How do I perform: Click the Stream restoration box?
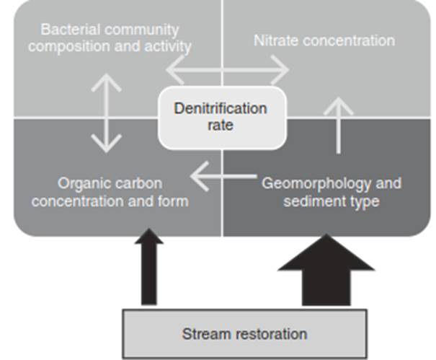pos(244,334)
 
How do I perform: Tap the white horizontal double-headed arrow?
pos(227,71)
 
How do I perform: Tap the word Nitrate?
pos(279,40)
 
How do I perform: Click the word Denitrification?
pos(220,109)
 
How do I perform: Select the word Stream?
pos(203,334)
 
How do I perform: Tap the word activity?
pos(168,48)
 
